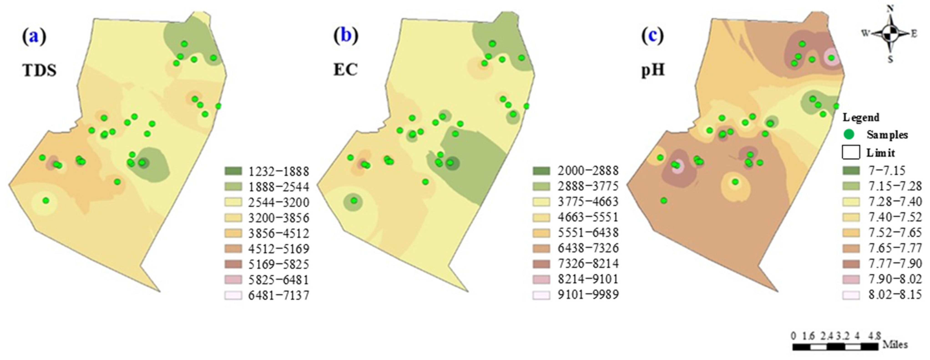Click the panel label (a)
tap(34, 37)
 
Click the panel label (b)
tap(346, 37)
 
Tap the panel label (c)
tap(652, 37)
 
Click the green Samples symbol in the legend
tap(849, 135)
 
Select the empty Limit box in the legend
tap(851, 152)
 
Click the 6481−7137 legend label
tap(279, 295)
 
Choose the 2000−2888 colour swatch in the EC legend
tap(541, 170)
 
